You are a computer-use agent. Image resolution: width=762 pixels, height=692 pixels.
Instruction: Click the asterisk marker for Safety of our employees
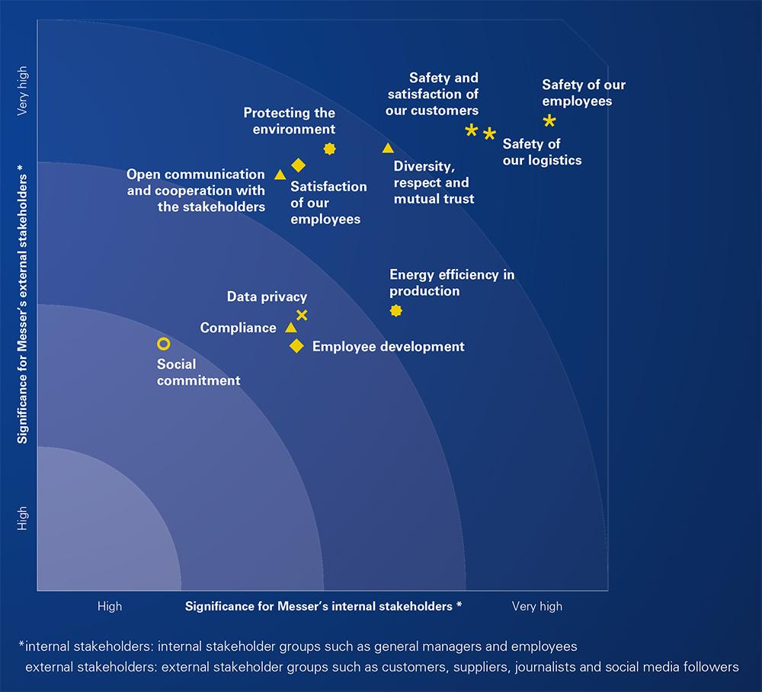point(549,120)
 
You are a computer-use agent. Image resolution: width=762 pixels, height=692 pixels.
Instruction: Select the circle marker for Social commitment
point(163,344)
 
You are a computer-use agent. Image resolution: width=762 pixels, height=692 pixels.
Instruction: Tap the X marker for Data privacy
point(302,315)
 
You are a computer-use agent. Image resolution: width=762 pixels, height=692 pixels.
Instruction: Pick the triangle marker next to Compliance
point(290,328)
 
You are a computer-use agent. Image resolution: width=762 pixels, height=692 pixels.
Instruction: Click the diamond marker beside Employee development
point(296,346)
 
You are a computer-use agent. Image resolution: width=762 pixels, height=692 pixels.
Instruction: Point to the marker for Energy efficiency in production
point(395,310)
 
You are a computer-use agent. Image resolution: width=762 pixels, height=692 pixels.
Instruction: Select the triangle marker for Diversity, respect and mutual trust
point(388,148)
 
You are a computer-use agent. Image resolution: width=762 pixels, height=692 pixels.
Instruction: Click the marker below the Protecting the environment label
point(329,149)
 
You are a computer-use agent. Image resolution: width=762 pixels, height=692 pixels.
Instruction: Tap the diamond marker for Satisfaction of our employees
point(299,165)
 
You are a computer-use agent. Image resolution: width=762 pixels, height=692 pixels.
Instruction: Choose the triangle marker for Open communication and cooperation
point(280,175)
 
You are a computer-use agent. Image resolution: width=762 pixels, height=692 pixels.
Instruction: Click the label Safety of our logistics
point(542,152)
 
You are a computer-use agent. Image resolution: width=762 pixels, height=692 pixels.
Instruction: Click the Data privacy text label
point(267,296)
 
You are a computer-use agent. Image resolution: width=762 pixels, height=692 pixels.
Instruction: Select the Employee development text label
point(388,346)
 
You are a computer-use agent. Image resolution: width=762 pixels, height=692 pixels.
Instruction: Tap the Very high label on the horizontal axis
point(536,606)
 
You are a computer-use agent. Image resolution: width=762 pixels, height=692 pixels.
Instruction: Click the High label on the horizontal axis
point(109,606)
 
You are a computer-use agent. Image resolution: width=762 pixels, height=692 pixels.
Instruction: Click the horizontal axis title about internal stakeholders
point(323,606)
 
